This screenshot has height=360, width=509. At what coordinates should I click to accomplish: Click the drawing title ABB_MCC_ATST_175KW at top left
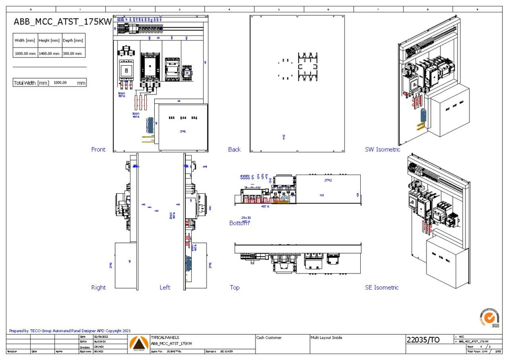(x=62, y=22)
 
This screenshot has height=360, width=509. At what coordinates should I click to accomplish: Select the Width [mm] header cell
(x=25, y=41)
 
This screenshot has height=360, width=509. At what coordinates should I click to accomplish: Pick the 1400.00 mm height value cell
(x=49, y=53)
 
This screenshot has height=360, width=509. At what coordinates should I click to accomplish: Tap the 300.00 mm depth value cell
(x=73, y=53)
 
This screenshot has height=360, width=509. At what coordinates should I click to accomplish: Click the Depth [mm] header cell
(x=73, y=41)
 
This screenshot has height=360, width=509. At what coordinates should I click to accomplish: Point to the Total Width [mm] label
(x=31, y=83)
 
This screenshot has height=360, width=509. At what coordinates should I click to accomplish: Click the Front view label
(x=98, y=149)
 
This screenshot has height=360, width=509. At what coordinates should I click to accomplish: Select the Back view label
(x=234, y=149)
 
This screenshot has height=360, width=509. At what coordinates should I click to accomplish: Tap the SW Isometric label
(x=382, y=149)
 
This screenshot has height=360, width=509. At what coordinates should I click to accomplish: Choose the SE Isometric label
(x=382, y=287)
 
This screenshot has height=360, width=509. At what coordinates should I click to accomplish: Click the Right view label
(x=98, y=287)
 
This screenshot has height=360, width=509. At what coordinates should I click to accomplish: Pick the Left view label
(x=165, y=287)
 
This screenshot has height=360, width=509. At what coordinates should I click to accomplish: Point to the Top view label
(x=234, y=287)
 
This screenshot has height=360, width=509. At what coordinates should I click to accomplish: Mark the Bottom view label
(x=239, y=223)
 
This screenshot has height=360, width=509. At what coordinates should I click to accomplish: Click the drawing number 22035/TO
(x=423, y=340)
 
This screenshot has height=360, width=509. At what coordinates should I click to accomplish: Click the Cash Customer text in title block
(x=269, y=338)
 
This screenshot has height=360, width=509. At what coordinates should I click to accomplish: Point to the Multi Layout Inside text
(x=326, y=338)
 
